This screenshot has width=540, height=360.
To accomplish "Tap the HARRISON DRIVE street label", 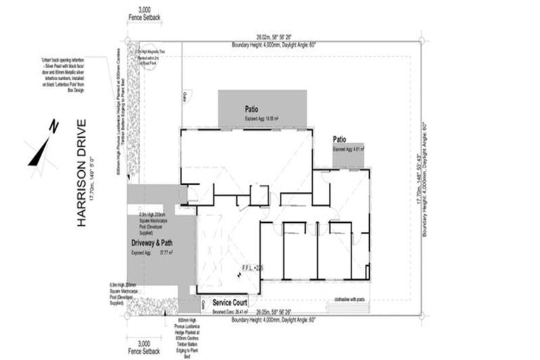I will [82, 173].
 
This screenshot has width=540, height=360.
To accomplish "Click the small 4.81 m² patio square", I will [348, 155].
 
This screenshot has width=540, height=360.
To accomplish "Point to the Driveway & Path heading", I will [152, 243].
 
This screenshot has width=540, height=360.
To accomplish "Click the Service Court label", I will [232, 302].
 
